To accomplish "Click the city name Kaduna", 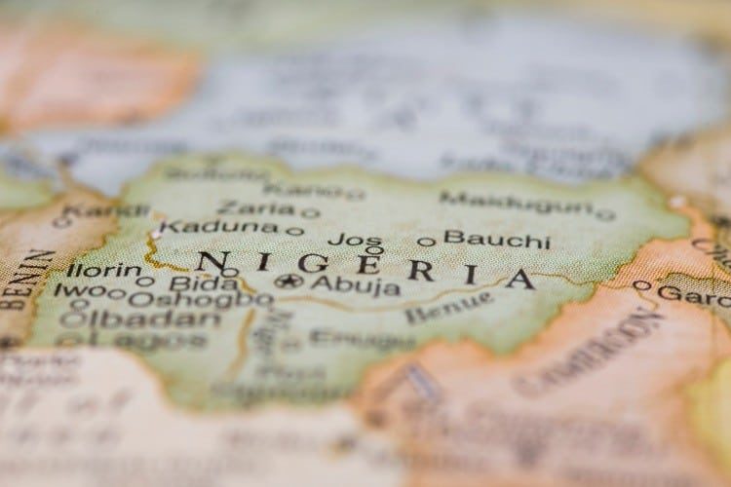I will (x=218, y=227).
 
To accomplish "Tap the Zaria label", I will (x=254, y=207).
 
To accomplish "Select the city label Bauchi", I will (x=496, y=239).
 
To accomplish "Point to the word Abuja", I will (x=355, y=285).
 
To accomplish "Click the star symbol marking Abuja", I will (x=289, y=281).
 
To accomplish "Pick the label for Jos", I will (x=355, y=239).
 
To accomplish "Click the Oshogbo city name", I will (x=200, y=300).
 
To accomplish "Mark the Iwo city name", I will (x=77, y=290).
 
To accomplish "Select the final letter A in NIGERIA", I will (x=520, y=279).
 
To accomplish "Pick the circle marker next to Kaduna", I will (x=294, y=231).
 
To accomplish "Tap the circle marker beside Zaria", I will (x=310, y=212).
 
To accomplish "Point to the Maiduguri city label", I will (x=516, y=203).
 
